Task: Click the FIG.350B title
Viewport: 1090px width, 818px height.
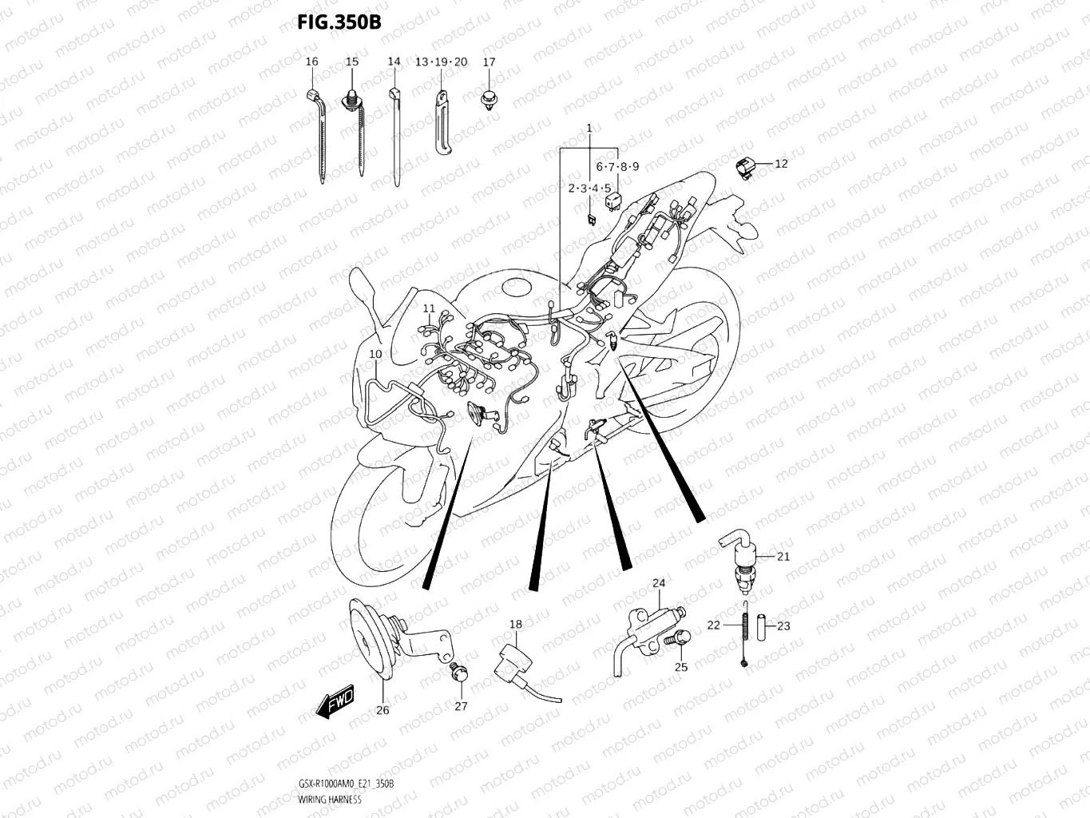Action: (x=339, y=22)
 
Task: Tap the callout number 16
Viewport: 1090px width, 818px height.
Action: (x=311, y=62)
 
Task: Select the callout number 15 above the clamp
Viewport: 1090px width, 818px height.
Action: (x=351, y=62)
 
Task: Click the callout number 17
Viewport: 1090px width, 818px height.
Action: (x=489, y=62)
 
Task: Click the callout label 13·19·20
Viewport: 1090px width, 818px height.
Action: (x=441, y=62)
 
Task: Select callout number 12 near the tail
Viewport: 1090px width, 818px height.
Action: (x=781, y=164)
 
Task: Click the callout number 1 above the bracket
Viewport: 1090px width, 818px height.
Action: (x=589, y=128)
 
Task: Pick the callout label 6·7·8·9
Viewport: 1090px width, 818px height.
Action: (x=617, y=167)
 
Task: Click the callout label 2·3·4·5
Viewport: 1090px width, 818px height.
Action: (x=589, y=189)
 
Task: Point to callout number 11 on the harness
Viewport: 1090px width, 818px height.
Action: (x=429, y=308)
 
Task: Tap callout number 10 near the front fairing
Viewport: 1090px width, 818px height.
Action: (x=375, y=353)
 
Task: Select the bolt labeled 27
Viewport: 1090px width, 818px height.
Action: (x=458, y=673)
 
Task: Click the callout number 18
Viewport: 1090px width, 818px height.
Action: (x=516, y=625)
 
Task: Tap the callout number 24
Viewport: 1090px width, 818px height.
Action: (x=658, y=583)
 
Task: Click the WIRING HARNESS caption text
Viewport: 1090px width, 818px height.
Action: (x=329, y=799)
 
